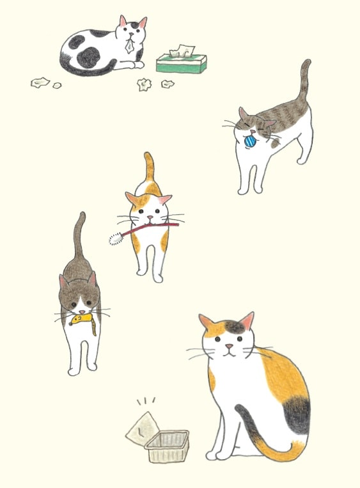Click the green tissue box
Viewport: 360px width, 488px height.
pyautogui.click(x=182, y=64)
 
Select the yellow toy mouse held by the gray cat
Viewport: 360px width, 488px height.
pyautogui.click(x=84, y=320)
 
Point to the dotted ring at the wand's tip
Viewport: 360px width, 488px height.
pyautogui.click(x=115, y=239)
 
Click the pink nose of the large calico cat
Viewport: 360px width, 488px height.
pyautogui.click(x=228, y=347)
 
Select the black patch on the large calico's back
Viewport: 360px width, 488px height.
pyautogui.click(x=296, y=413)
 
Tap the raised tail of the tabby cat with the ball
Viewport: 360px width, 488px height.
pyautogui.click(x=305, y=83)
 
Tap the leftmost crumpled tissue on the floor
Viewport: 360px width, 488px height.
pyautogui.click(x=40, y=82)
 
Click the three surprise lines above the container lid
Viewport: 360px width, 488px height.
pyautogui.click(x=146, y=402)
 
